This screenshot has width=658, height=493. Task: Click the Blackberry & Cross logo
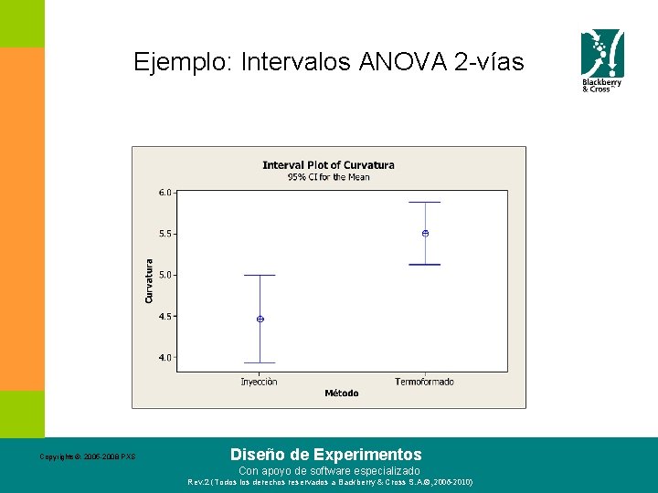(603, 60)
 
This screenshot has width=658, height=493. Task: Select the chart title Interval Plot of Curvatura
(328, 165)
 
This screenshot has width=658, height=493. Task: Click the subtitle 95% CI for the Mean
(328, 177)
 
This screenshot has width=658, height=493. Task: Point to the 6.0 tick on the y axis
(164, 193)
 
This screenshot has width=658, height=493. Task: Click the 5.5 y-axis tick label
(164, 234)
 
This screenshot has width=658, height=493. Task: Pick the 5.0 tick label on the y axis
(164, 275)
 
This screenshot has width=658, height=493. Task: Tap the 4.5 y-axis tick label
(164, 317)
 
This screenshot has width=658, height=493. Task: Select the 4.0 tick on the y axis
(164, 358)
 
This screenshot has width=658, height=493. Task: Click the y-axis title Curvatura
(149, 281)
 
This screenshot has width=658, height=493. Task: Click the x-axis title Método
(342, 393)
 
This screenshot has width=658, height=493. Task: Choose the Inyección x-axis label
(260, 382)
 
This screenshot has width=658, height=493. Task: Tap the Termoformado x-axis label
(424, 382)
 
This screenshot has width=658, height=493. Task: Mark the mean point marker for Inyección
(260, 319)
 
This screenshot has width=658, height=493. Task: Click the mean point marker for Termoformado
(425, 234)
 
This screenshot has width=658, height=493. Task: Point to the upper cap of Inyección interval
(260, 275)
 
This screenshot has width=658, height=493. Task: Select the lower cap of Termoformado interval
(425, 265)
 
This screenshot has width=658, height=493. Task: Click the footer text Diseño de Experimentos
(326, 454)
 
